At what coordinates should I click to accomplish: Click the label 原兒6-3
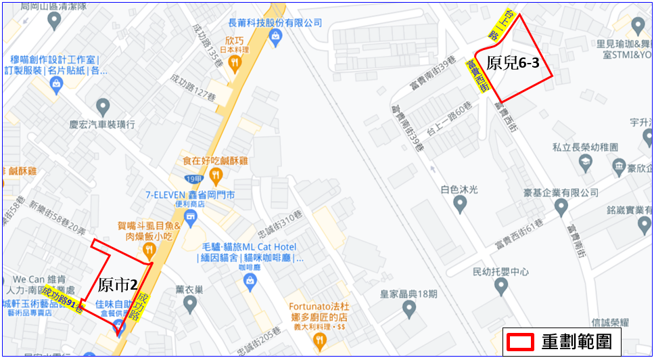[512, 64]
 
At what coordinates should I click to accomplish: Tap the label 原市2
[118, 284]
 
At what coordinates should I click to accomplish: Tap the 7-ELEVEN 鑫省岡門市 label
[190, 195]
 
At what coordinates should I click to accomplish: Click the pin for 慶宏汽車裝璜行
[103, 106]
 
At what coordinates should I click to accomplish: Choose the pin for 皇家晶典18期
[408, 309]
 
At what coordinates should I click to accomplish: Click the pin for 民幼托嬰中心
[500, 288]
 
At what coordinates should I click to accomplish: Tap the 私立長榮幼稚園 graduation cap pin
[584, 162]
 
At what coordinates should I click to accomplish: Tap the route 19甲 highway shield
[193, 179]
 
